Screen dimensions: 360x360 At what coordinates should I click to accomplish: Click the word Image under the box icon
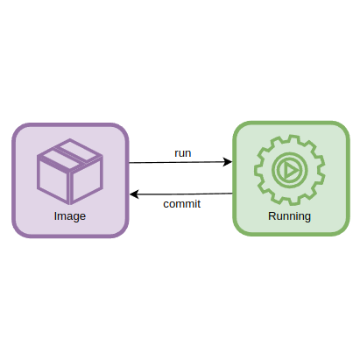[70, 215]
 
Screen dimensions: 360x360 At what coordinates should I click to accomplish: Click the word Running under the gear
[289, 215]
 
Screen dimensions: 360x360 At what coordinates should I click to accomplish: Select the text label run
[183, 152]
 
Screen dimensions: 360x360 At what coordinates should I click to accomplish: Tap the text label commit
[182, 204]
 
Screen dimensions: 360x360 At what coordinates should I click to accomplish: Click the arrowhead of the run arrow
[229, 161]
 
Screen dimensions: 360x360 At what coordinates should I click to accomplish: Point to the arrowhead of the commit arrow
[133, 194]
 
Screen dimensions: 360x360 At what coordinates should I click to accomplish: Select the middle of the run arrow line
[180, 162]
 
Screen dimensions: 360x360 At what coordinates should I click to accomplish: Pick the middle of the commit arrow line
[181, 194]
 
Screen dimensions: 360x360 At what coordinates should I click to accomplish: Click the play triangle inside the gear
[290, 168]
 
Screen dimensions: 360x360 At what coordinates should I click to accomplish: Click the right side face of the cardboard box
[88, 180]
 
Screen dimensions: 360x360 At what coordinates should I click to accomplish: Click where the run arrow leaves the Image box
[130, 163]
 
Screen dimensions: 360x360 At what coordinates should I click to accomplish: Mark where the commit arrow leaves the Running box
[232, 193]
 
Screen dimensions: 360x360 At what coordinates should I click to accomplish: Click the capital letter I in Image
[56, 215]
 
